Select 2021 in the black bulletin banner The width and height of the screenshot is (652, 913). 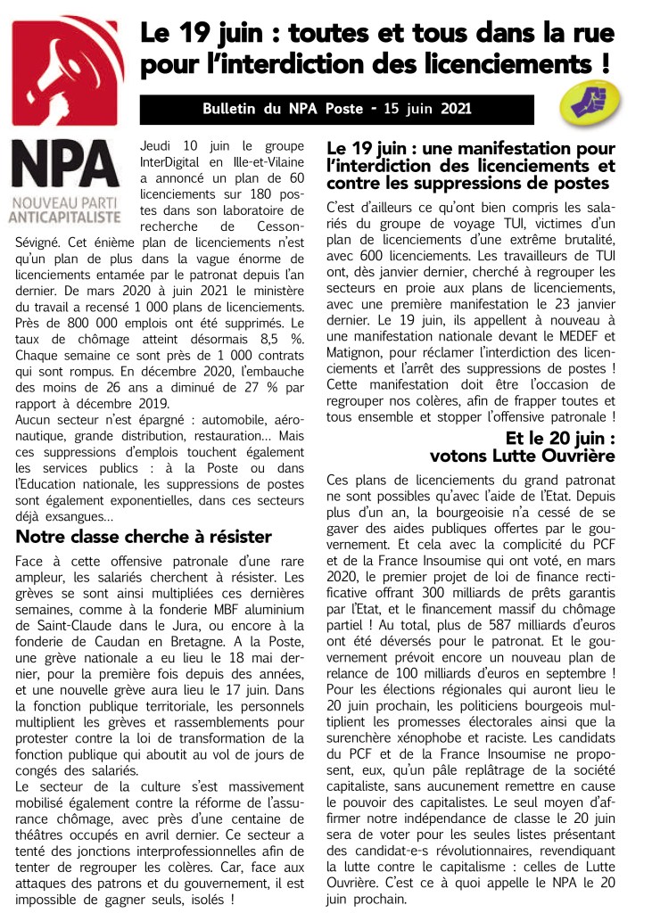point(455,110)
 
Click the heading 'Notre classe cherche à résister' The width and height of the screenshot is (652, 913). point(144,537)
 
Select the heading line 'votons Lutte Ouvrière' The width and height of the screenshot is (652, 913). point(522,456)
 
